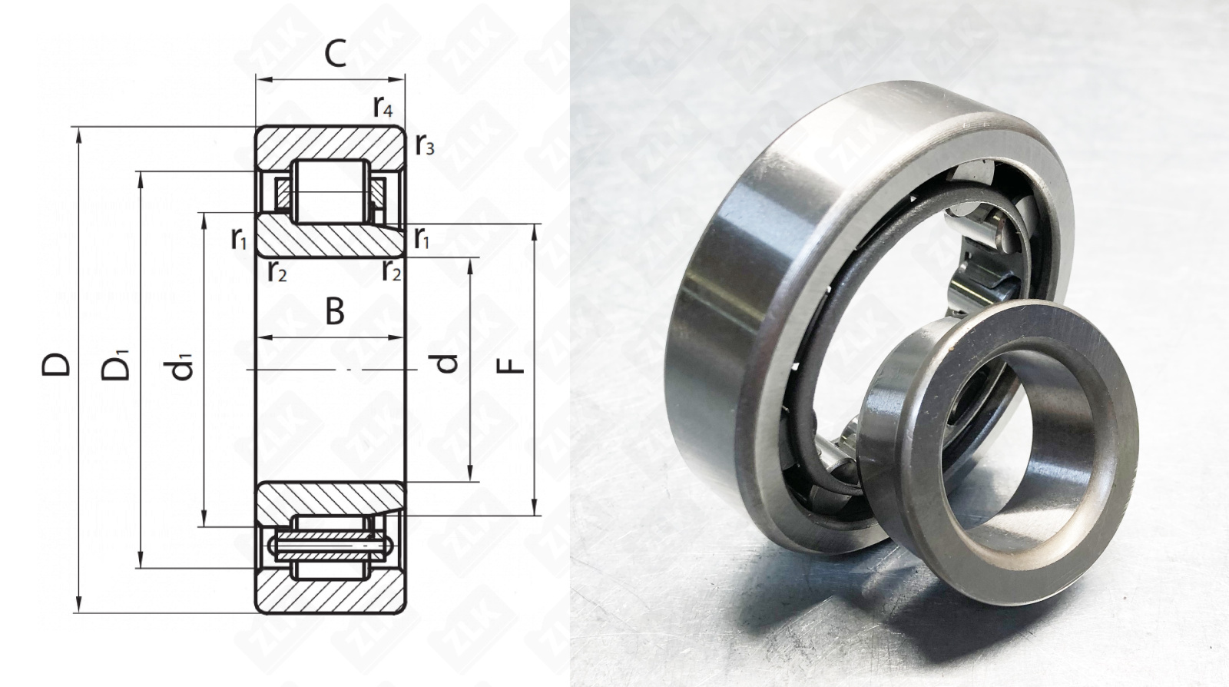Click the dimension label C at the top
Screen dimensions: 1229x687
point(335,55)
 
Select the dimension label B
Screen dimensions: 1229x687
point(335,311)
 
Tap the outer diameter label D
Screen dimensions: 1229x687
point(56,364)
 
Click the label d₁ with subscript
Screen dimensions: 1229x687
point(181,367)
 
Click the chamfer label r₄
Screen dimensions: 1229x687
point(383,107)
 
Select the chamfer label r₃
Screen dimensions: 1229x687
point(425,144)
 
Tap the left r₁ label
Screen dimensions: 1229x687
point(239,238)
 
